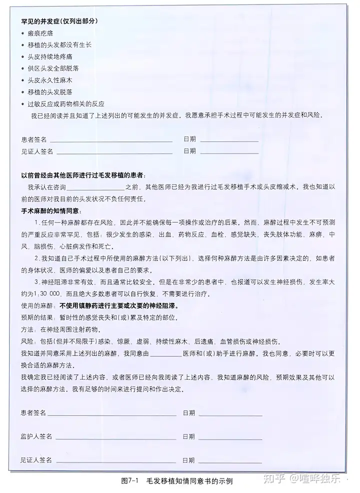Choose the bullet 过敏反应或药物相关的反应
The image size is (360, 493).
point(66,104)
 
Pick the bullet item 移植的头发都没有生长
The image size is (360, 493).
point(59,45)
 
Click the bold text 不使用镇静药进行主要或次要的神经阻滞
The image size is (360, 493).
point(119,305)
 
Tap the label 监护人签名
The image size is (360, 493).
point(36,436)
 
